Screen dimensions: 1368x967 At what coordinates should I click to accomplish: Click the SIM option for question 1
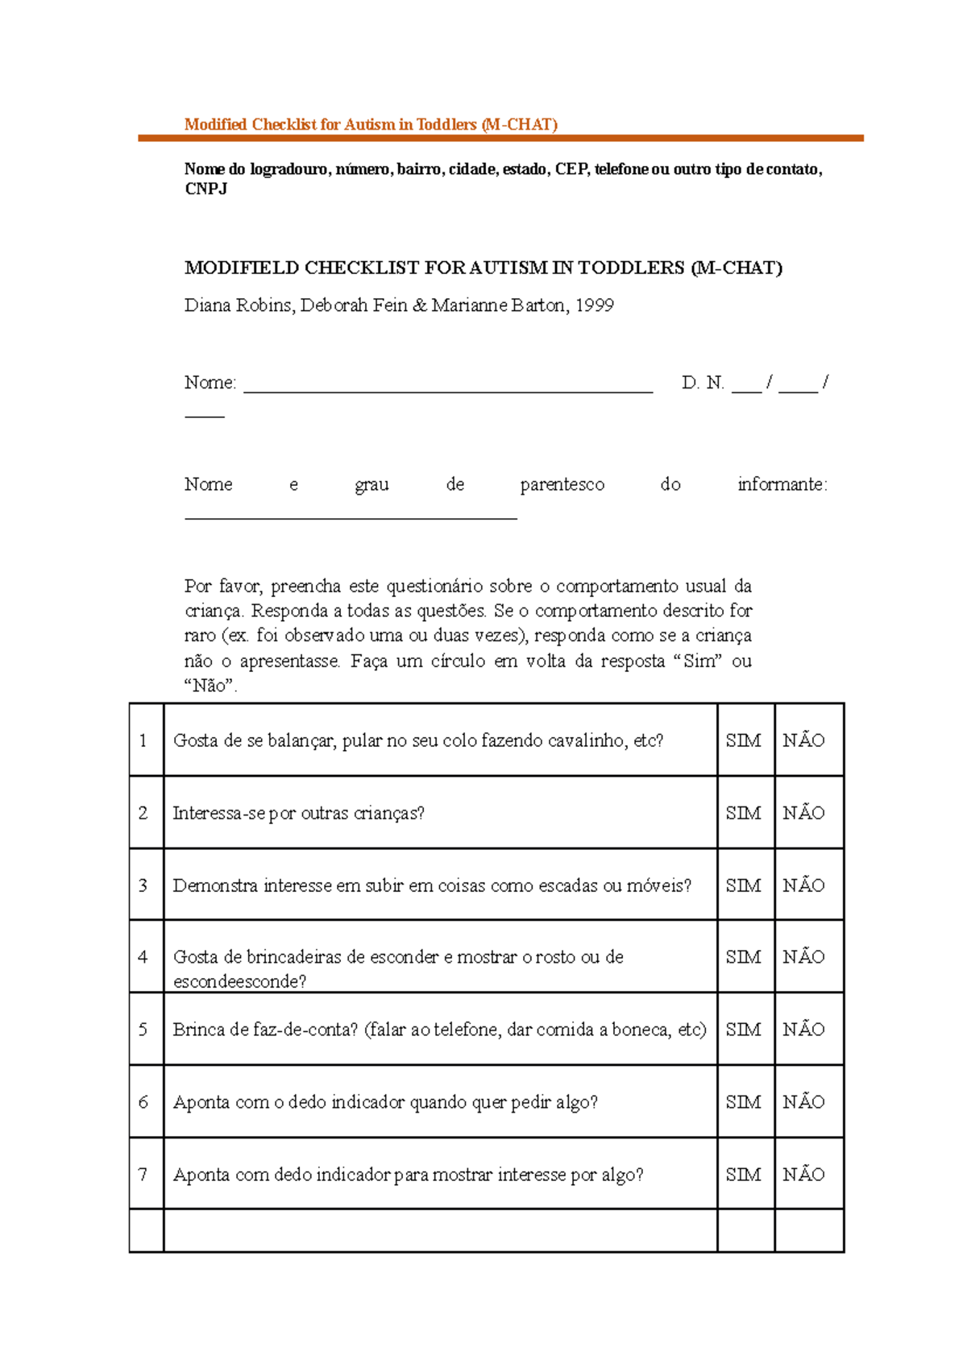tap(743, 740)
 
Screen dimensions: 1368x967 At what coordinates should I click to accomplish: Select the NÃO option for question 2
tap(803, 813)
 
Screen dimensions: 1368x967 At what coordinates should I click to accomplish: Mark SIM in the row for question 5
tap(743, 1030)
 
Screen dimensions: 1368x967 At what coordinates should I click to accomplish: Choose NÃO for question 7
tap(803, 1175)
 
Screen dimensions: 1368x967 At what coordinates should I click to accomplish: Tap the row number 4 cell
tap(143, 957)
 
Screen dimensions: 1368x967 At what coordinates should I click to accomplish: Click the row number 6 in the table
tap(143, 1102)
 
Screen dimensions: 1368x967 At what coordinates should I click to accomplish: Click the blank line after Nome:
tap(448, 387)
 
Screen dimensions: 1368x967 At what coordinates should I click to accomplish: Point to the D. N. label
tap(703, 383)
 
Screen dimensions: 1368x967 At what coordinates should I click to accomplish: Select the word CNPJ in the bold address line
tap(205, 189)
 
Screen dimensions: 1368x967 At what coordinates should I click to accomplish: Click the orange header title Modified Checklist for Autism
tap(371, 124)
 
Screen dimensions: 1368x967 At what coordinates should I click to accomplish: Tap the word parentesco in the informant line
tap(562, 484)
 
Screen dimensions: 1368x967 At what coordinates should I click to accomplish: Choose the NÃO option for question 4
tap(803, 957)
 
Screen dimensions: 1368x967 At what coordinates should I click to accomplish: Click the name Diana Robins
tap(239, 305)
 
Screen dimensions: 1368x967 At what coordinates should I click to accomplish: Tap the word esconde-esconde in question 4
tap(239, 981)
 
